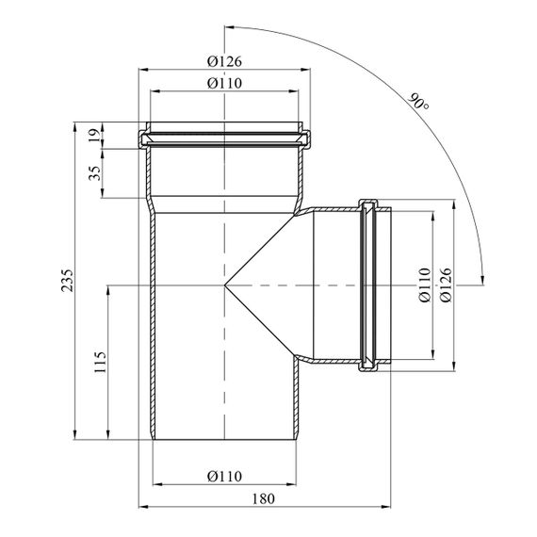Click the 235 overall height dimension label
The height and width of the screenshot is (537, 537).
(x=67, y=281)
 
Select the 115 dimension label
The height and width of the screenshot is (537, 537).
(x=101, y=362)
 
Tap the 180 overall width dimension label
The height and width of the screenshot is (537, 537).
(x=264, y=499)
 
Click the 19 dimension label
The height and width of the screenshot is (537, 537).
(x=97, y=135)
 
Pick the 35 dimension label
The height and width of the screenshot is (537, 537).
(x=95, y=173)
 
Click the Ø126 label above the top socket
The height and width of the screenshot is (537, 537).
(x=224, y=61)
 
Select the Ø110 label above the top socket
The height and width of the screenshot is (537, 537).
(x=224, y=83)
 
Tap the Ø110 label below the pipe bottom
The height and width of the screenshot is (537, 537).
(x=224, y=477)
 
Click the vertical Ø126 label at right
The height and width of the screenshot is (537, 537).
(x=447, y=285)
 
